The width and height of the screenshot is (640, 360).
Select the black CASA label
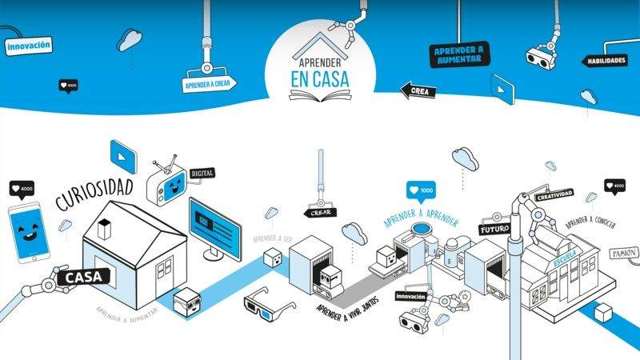click(x=82, y=278)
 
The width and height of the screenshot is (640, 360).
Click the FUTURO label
click(x=494, y=230)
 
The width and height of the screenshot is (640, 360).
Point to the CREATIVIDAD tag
click(x=554, y=196)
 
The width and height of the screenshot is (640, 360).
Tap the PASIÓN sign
click(x=624, y=253)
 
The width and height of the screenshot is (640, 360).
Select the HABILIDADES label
click(x=605, y=61)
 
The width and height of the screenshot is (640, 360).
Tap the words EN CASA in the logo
click(x=319, y=79)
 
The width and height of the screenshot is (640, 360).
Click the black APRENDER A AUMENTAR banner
click(x=459, y=54)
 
